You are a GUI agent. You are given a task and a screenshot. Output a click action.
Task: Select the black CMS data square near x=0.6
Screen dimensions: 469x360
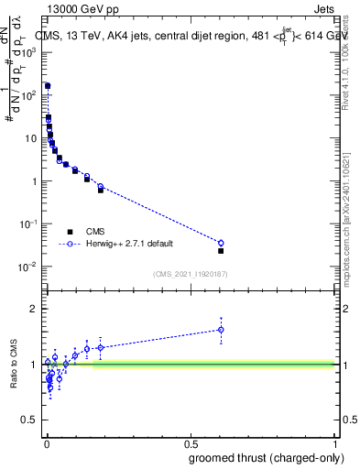pos(221,250)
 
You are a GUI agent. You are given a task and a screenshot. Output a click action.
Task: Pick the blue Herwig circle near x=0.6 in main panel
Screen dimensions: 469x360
pos(221,243)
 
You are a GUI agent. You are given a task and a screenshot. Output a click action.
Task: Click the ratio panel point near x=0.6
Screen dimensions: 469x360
pos(221,330)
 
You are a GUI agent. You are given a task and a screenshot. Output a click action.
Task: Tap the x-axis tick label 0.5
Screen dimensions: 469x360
pos(191,443)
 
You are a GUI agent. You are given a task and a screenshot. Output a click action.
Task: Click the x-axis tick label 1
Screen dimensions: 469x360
pos(335,443)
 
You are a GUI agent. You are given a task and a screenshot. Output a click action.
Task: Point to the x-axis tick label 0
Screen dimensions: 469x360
pos(46,443)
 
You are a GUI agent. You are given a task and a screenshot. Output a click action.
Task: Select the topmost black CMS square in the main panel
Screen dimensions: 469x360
pos(48,86)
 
